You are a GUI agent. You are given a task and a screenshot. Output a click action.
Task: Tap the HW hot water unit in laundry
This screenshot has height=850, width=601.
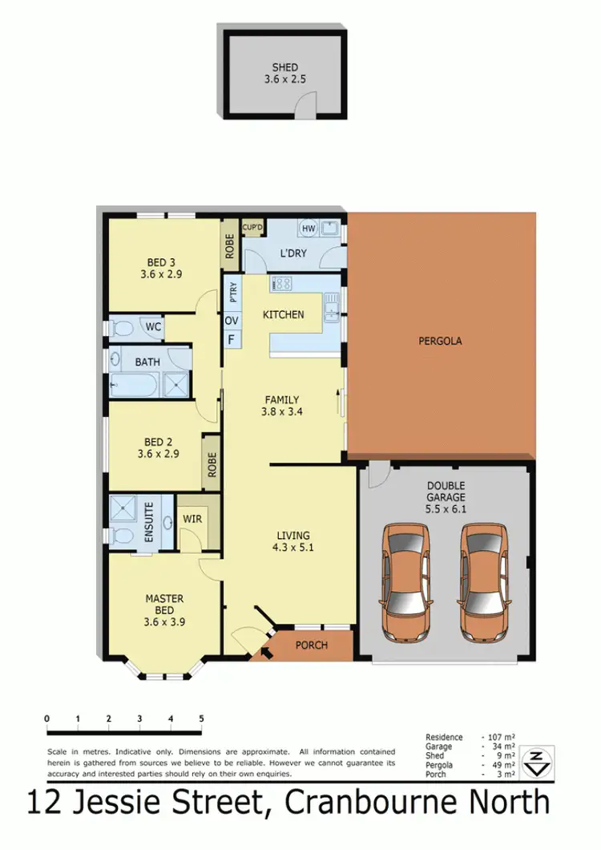308,229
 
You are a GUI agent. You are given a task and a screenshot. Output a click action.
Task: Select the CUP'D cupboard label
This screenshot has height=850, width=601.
252,229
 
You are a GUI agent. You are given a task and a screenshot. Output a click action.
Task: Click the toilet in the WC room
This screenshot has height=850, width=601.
123,328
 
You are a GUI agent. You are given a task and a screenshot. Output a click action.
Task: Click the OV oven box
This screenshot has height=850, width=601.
232,321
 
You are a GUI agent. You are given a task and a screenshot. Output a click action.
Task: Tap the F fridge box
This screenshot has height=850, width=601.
232,340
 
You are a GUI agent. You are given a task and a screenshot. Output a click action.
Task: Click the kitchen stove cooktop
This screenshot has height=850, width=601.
282,283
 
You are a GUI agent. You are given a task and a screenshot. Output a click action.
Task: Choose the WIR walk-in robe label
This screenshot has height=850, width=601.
193,519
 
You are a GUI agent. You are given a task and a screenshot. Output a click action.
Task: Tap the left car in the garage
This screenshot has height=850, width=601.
407,581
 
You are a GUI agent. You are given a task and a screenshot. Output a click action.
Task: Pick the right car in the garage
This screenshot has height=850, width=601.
485,581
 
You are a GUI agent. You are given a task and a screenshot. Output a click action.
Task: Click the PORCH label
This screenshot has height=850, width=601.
312,646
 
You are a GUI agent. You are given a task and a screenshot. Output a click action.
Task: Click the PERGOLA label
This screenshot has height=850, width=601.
440,341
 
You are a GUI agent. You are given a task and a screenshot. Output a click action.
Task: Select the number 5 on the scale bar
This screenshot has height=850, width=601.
201,718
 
